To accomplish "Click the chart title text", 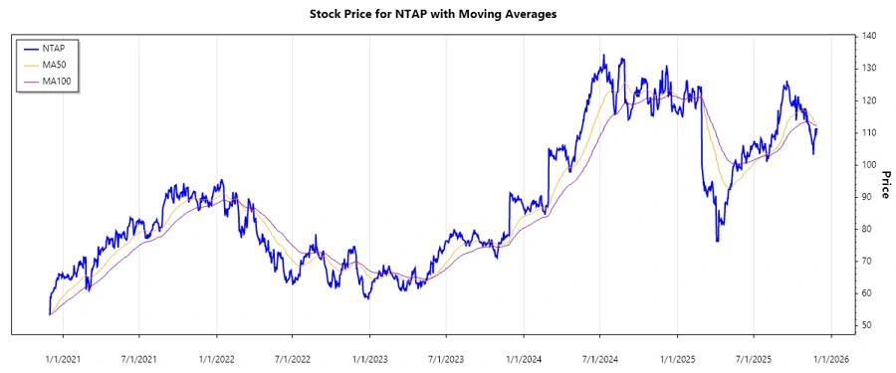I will click(x=447, y=15).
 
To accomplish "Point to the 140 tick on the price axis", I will click(x=870, y=37).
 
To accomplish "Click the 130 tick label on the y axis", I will click(x=870, y=69).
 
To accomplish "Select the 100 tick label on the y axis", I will click(x=870, y=165).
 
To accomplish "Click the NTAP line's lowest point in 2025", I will click(x=717, y=241).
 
